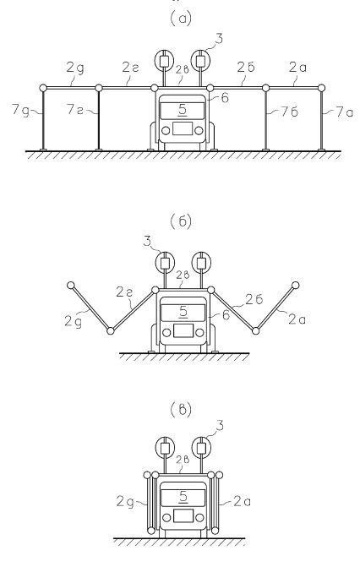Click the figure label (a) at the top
pos(181,19)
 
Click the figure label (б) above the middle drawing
pos(181,221)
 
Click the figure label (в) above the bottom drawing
pos(181,410)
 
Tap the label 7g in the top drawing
pos(20,109)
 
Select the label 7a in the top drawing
pos(344,112)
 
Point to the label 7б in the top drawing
pos(289,112)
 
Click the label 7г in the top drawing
pos(74,109)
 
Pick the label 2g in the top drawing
pos(75,68)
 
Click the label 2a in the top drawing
pos(297,68)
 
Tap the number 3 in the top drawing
pos(219,39)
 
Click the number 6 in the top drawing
pos(225,98)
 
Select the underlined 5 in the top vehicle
pos(183,110)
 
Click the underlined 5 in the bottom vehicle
pos(183,497)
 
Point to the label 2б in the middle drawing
pos(254,299)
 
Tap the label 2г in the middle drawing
pos(124,292)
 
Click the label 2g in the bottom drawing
pos(125,502)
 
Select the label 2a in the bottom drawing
pos(242,501)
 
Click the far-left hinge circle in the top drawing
pos(43,88)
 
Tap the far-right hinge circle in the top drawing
pos(321,88)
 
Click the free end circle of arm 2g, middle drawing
pos(70,285)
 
